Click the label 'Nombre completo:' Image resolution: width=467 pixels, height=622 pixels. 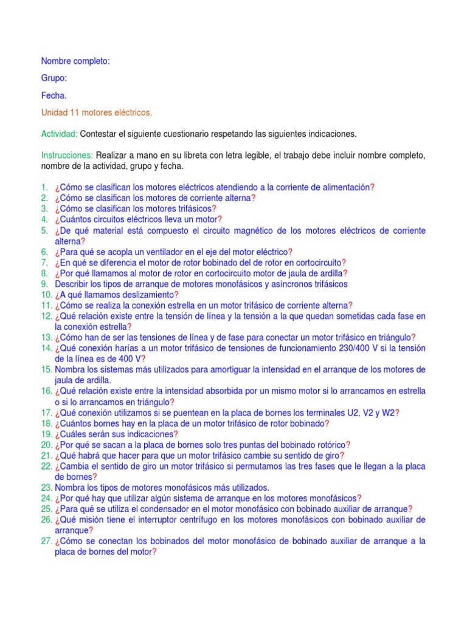(75, 61)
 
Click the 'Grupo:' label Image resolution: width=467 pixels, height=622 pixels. (54, 78)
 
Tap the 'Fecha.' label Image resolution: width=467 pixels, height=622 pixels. (54, 95)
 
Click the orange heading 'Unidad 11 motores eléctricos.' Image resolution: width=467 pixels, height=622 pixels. (97, 113)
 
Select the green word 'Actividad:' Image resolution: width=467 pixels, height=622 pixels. (60, 134)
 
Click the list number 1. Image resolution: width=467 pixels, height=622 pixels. (44, 188)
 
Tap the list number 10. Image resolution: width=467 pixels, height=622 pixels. (47, 295)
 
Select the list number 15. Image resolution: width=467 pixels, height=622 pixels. (47, 369)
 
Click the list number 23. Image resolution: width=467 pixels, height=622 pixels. (47, 487)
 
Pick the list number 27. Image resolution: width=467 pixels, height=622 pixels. (47, 541)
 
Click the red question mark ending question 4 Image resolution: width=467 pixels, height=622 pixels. (220, 219)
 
